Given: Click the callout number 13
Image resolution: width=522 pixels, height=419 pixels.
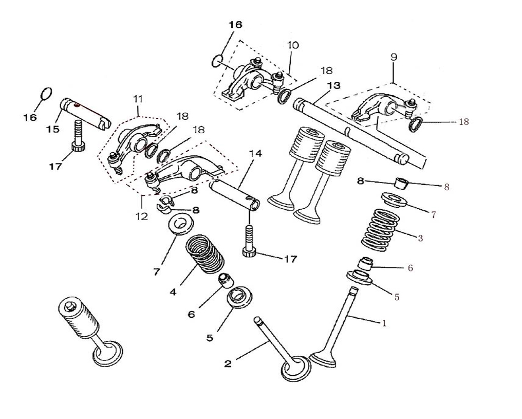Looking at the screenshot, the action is click(x=333, y=85).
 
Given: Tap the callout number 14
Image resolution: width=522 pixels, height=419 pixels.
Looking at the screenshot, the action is click(x=255, y=154).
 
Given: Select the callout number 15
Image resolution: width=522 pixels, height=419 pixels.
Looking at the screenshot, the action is click(x=52, y=129).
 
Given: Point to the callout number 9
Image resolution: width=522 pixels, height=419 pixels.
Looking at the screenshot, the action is click(x=394, y=57).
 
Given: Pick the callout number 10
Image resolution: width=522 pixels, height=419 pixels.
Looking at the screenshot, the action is click(x=293, y=45).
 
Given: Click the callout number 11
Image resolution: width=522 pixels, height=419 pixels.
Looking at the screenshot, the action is click(x=138, y=99).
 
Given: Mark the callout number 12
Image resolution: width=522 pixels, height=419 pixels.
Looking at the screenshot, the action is click(x=141, y=216).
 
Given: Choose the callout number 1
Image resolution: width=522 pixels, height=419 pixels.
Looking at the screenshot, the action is click(x=384, y=323).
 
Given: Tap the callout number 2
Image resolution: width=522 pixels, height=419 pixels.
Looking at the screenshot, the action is click(x=228, y=363).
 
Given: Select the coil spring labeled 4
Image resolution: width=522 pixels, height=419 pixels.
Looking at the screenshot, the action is click(x=204, y=254).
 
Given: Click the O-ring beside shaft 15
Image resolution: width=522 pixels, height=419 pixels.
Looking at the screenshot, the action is click(x=46, y=94).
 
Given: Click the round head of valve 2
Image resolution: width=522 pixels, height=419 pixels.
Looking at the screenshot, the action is click(x=295, y=369).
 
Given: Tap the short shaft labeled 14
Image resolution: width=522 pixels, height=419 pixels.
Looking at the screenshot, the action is click(x=234, y=194).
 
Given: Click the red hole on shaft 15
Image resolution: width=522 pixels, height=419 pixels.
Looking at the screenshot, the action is click(x=77, y=105).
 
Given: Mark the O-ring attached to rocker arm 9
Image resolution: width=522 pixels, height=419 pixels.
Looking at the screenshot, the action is click(x=416, y=124).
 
